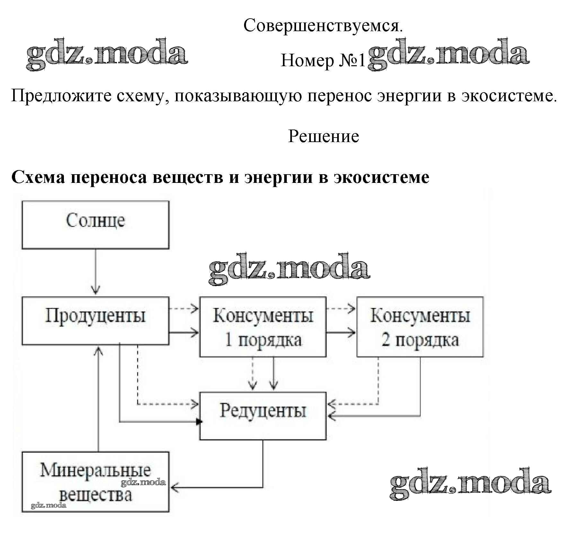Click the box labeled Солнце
tap(95, 225)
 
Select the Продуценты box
tap(95, 320)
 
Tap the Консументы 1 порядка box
tap(263, 327)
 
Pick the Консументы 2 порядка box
tap(420, 327)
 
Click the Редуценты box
tap(263, 416)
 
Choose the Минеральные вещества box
tap(95, 482)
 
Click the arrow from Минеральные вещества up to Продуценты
tap(98, 399)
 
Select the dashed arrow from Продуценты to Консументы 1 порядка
tap(184, 309)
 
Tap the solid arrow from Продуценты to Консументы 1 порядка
tap(184, 332)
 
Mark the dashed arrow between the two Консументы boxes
tap(341, 309)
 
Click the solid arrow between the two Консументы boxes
tap(341, 332)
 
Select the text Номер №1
tap(323, 60)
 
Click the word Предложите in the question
tap(61, 96)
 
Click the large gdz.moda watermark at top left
tap(107, 54)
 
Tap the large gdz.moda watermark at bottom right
tap(470, 484)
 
